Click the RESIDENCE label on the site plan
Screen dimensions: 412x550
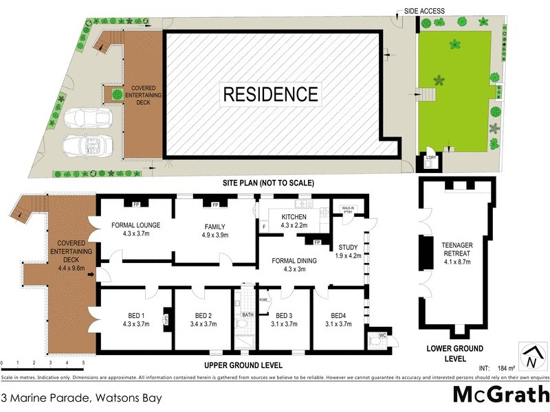pos(270,94)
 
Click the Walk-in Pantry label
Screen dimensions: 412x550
pos(342,209)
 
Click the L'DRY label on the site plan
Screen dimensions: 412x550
pos(431,159)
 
